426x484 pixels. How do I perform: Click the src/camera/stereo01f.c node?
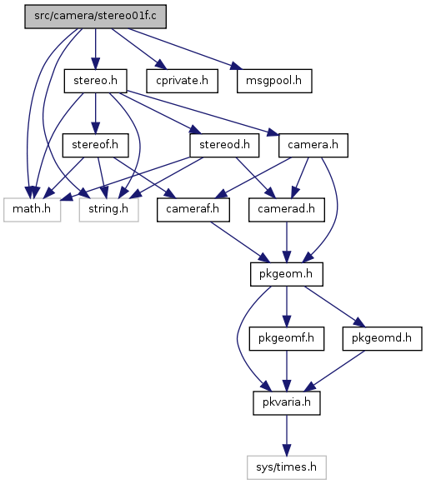(x=96, y=17)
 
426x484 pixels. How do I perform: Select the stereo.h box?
(x=96, y=81)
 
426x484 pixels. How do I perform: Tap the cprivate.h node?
(x=182, y=81)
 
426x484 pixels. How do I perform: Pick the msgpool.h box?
(x=274, y=81)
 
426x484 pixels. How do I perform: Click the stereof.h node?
(x=96, y=145)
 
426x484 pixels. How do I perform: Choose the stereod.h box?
(x=224, y=145)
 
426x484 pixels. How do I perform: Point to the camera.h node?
(x=313, y=145)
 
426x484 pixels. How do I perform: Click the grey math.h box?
(x=32, y=210)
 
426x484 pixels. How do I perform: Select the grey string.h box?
(x=108, y=210)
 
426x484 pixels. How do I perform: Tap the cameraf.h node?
(x=193, y=210)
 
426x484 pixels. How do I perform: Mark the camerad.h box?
(x=287, y=210)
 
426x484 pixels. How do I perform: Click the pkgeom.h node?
(x=287, y=274)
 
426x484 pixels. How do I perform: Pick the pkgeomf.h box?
(x=287, y=338)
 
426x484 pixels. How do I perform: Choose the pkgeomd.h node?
(x=382, y=338)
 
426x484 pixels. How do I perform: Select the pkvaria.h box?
(x=287, y=403)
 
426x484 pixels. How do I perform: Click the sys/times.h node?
(x=287, y=467)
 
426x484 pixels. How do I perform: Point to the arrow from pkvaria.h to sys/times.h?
(x=287, y=435)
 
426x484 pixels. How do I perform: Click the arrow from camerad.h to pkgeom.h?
(x=287, y=242)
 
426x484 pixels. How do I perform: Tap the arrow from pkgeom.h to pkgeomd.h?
(x=334, y=307)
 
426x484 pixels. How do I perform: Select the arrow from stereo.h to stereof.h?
(x=96, y=113)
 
